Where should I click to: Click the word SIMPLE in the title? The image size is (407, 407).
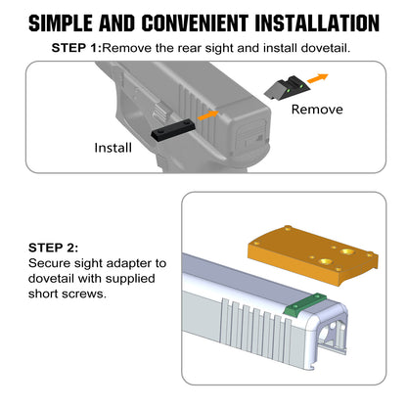coord(61,23)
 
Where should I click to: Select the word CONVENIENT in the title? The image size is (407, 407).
coord(195,23)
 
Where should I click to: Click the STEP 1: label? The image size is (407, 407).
coord(77,48)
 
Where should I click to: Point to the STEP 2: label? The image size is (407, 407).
coord(54,248)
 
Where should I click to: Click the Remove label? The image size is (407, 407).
coord(317,110)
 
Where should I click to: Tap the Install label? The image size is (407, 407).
coord(113,148)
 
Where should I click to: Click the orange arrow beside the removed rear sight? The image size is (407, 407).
coord(318,78)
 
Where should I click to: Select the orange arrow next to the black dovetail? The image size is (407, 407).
coord(208,115)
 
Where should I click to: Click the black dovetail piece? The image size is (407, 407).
coord(173,130)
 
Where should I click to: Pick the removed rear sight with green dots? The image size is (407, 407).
coord(287,88)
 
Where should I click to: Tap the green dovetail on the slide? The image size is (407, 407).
coord(305,304)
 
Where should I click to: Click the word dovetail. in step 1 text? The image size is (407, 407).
coord(326,48)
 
